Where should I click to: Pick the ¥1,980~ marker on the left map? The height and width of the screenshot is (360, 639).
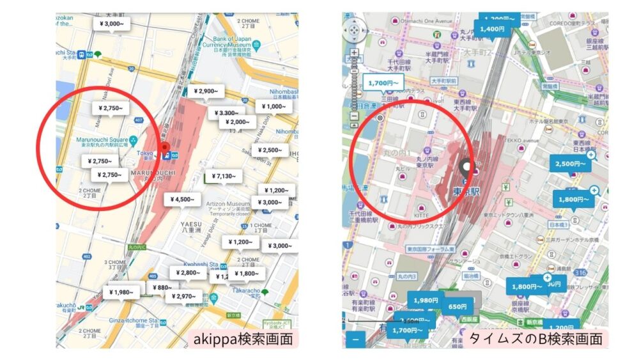pos(121,292)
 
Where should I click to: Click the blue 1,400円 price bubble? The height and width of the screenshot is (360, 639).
pos(493,29)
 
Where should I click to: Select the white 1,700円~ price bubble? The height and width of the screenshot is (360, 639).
pos(383,83)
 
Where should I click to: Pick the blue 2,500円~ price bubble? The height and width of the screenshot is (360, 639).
pos(571,164)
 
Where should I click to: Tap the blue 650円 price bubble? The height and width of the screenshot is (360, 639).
pos(457,306)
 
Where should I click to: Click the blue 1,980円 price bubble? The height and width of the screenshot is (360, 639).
pos(426,300)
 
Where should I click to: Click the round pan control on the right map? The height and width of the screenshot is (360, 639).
pos(355,30)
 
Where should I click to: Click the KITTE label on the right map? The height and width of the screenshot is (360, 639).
pos(422,217)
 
